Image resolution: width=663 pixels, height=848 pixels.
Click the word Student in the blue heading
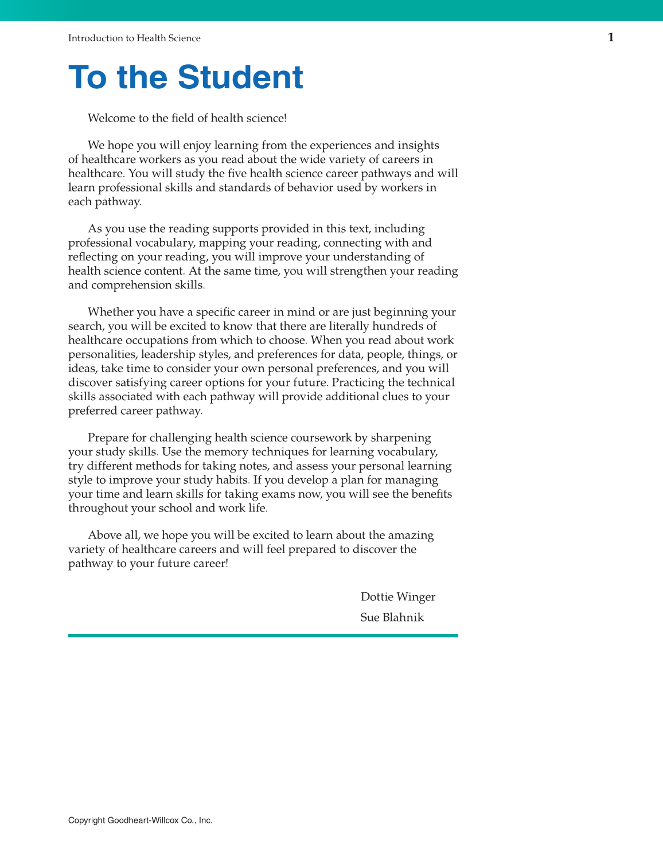point(240,77)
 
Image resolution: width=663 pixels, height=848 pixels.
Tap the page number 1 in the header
point(611,38)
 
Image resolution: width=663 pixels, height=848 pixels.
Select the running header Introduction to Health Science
point(134,38)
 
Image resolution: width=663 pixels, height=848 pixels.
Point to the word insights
point(418,146)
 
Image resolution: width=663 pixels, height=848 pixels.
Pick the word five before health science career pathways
point(237,173)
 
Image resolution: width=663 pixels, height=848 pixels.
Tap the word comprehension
point(129,285)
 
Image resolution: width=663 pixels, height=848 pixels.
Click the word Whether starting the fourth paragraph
point(112,312)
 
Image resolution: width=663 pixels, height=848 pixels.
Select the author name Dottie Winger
point(397,597)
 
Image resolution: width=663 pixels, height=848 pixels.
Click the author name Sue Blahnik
point(392,618)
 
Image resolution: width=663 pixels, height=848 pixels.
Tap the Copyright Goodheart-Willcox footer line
point(141,820)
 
